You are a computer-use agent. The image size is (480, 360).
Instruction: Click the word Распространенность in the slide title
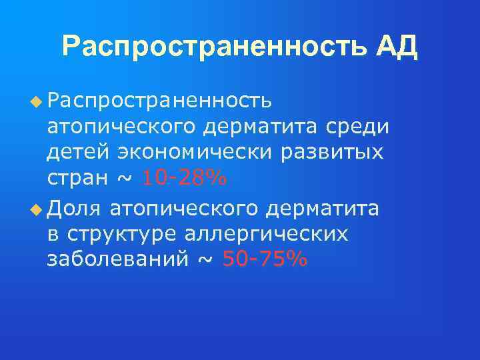[x=212, y=47]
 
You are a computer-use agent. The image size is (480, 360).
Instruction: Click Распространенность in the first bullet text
[x=159, y=101]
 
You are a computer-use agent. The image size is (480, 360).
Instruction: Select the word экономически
[x=195, y=153]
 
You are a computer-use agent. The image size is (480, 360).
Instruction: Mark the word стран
[x=74, y=179]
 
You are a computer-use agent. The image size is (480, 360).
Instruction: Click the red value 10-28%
[x=185, y=179]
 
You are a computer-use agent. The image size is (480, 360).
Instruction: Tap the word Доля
[x=74, y=209]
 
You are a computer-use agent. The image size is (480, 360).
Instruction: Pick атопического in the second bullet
[x=184, y=209]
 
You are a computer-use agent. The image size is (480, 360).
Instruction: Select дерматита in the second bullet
[x=323, y=209]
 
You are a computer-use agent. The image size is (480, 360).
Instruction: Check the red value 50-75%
[x=265, y=259]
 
